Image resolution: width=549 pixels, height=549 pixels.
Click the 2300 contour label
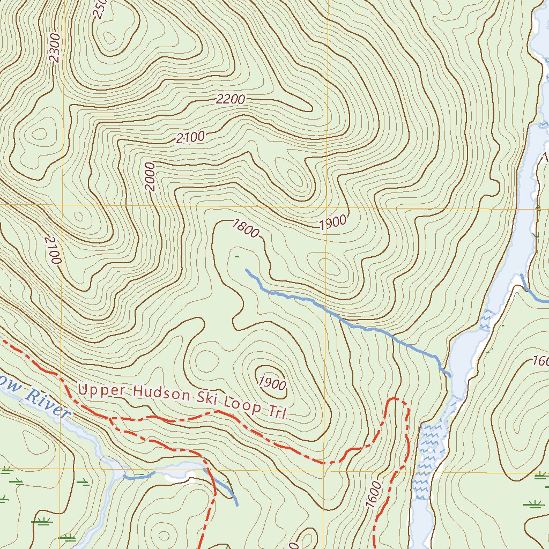pos(55,48)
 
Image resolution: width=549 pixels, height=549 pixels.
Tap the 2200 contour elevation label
pos(231,99)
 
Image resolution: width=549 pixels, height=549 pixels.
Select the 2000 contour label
pos(150,176)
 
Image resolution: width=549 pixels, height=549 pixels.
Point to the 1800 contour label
pos(246,229)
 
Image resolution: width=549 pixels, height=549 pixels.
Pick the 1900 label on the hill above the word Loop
pos(273,383)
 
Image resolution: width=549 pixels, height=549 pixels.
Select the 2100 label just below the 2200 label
pos(190,137)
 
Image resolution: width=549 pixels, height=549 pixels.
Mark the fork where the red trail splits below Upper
pos(110,418)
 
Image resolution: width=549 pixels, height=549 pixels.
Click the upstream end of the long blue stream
pos(246,270)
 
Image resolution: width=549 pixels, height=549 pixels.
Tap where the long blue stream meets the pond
pos(449,375)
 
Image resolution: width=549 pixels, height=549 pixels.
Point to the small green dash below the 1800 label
pos(236,257)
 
